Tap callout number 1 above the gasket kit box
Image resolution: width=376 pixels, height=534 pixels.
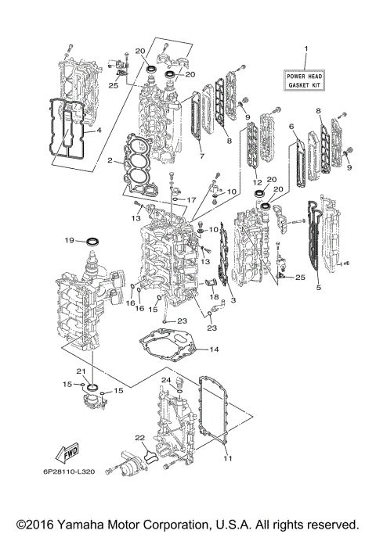(x=306, y=51)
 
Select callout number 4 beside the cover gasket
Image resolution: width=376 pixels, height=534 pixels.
(x=99, y=131)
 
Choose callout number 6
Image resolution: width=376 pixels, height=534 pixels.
(x=291, y=126)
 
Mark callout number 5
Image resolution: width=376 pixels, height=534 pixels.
(x=318, y=288)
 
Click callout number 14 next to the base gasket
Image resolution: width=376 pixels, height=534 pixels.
(x=214, y=349)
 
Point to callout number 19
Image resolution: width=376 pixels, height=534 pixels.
(x=70, y=240)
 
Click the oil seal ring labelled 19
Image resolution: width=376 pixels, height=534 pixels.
(x=93, y=238)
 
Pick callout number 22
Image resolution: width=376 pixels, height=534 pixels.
(x=139, y=438)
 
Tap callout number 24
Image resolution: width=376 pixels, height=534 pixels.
(x=165, y=381)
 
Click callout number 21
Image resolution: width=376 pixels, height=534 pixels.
(x=80, y=371)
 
